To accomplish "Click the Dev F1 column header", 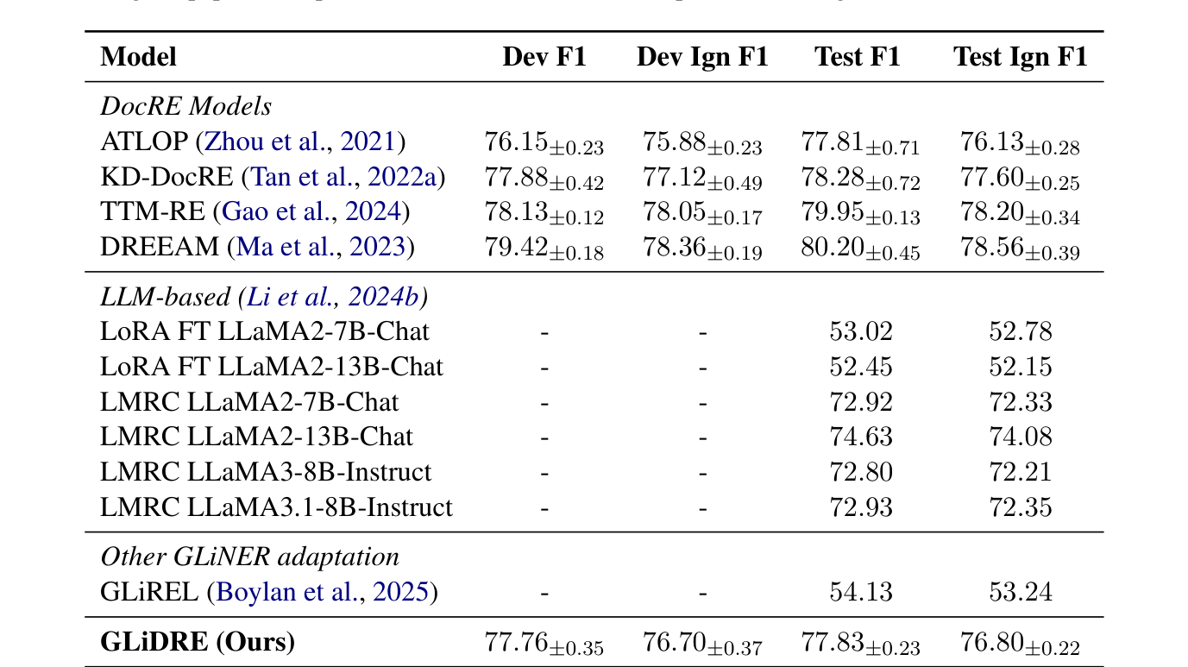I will [x=544, y=57].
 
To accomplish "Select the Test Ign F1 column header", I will [x=1020, y=57].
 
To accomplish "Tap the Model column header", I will [x=138, y=57].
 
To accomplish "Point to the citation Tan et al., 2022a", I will [x=344, y=178].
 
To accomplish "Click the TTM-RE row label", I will [x=153, y=212].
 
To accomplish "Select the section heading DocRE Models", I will [x=185, y=106].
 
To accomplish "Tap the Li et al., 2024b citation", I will [x=333, y=297].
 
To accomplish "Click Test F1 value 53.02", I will [x=860, y=332].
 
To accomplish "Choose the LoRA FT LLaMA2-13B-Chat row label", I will [x=271, y=367].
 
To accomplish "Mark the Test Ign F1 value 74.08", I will [x=1020, y=437].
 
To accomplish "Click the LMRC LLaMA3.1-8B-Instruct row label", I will [x=276, y=507].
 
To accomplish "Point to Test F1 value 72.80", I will [x=860, y=472].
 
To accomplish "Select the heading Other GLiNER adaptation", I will [x=249, y=557].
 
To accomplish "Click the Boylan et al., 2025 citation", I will [x=322, y=592].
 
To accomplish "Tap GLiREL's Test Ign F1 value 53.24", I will [x=1020, y=592].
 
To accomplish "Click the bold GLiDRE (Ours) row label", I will [x=198, y=642].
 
